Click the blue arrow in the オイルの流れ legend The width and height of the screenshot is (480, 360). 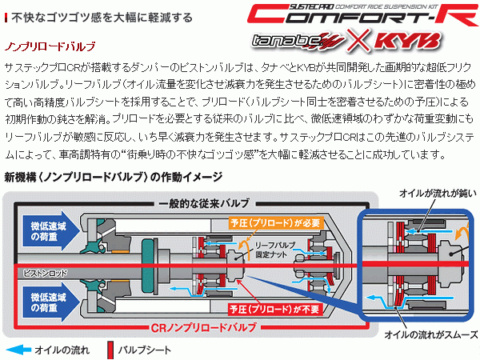(22, 349)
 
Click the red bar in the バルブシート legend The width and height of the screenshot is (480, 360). (106, 349)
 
